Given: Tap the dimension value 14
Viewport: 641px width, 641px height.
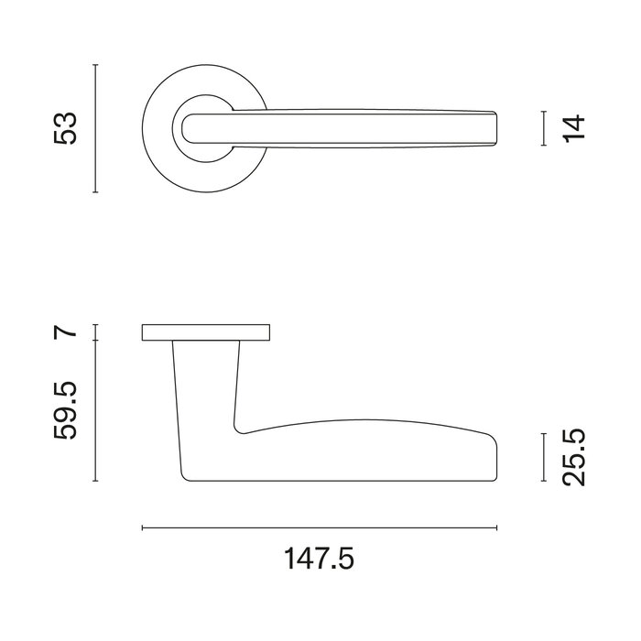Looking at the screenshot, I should click(x=573, y=128).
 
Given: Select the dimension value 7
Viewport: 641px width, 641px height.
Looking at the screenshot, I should click(x=64, y=332).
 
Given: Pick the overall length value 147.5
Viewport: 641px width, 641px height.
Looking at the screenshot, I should click(x=320, y=558).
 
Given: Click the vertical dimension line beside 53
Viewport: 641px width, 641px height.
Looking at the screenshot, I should click(x=96, y=129).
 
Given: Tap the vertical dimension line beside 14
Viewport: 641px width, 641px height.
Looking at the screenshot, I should click(x=544, y=128).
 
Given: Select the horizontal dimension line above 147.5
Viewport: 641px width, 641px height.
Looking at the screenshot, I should click(x=320, y=527).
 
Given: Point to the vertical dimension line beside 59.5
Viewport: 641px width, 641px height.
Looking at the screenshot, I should click(x=96, y=412).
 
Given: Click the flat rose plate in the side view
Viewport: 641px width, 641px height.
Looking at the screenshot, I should click(x=207, y=333).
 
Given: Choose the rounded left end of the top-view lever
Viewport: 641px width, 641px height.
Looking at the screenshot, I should click(x=190, y=127).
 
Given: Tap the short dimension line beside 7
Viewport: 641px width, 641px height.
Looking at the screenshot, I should click(x=96, y=332).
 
